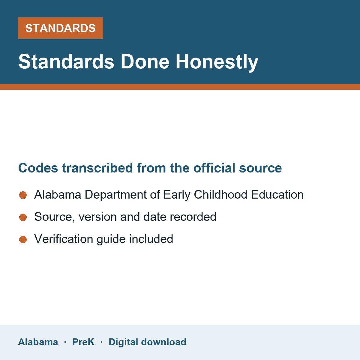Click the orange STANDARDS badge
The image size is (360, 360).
60,28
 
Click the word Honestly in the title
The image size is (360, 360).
217,62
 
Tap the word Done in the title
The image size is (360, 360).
145,61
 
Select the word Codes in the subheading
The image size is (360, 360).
38,168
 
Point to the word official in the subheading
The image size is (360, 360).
214,168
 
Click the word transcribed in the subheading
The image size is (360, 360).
97,168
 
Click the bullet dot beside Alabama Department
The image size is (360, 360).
23,195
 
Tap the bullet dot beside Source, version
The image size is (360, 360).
23,217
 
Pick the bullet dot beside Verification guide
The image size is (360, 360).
23,239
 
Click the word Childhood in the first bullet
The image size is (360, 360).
220,194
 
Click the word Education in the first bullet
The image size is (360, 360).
277,194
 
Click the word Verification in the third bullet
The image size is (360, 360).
64,239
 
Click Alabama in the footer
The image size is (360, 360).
38,342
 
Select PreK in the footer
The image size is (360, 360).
83,342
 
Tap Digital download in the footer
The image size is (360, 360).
148,342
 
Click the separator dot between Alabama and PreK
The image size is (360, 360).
65,342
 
